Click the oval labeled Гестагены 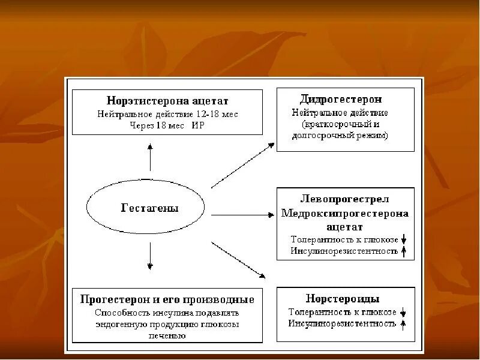(150, 208)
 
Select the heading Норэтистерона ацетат (167, 101)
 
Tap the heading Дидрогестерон (340, 98)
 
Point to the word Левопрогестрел (345, 198)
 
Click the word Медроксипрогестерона (344, 213)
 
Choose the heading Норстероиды (342, 298)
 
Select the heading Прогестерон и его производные (167, 299)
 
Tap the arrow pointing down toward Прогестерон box (150, 257)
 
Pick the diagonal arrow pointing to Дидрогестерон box (242, 166)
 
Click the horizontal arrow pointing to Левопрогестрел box (242, 214)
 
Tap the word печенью (167, 335)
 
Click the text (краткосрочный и (340, 124)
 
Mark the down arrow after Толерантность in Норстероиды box (404, 312)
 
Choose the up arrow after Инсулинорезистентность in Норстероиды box (404, 324)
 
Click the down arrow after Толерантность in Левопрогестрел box (404, 239)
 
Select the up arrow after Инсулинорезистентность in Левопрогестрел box (404, 251)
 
